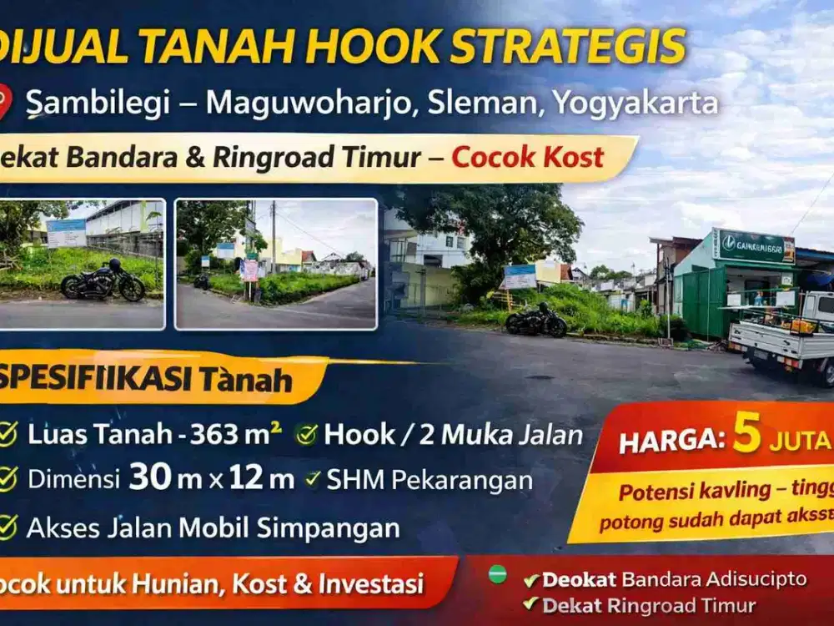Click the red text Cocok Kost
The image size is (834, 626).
click(527, 157)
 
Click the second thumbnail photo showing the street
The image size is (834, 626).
click(276, 264)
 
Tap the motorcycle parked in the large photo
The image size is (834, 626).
click(535, 321)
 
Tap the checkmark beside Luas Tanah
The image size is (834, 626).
click(8, 434)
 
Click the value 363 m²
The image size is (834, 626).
click(236, 434)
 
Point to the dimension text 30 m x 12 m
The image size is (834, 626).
click(211, 478)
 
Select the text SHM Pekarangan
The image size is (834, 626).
click(430, 480)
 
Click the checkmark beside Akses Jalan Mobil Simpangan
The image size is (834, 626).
click(8, 527)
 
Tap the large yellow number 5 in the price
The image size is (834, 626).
click(747, 437)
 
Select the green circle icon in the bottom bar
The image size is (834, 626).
click(497, 574)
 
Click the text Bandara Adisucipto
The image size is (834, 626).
click(715, 579)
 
